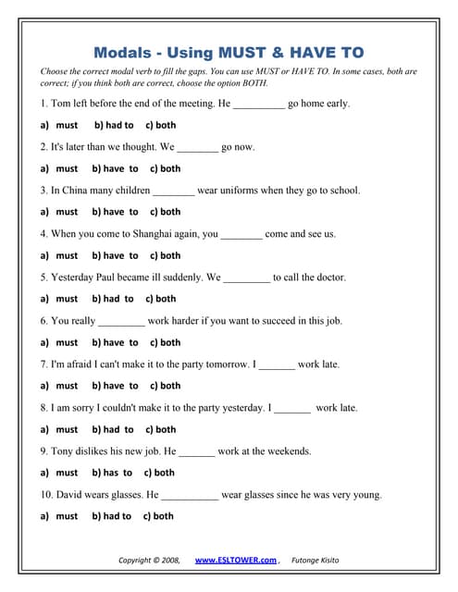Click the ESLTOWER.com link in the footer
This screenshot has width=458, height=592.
pos(236,560)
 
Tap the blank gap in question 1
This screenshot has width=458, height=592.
pos(259,105)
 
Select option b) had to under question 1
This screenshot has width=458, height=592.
pos(114,125)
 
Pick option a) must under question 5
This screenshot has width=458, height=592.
pos(59,299)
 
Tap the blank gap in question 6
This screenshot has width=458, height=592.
pos(121,321)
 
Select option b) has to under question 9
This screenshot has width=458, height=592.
pos(112,473)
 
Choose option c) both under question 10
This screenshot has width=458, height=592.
pos(158,516)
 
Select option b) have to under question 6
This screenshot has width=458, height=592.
pos(115,342)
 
